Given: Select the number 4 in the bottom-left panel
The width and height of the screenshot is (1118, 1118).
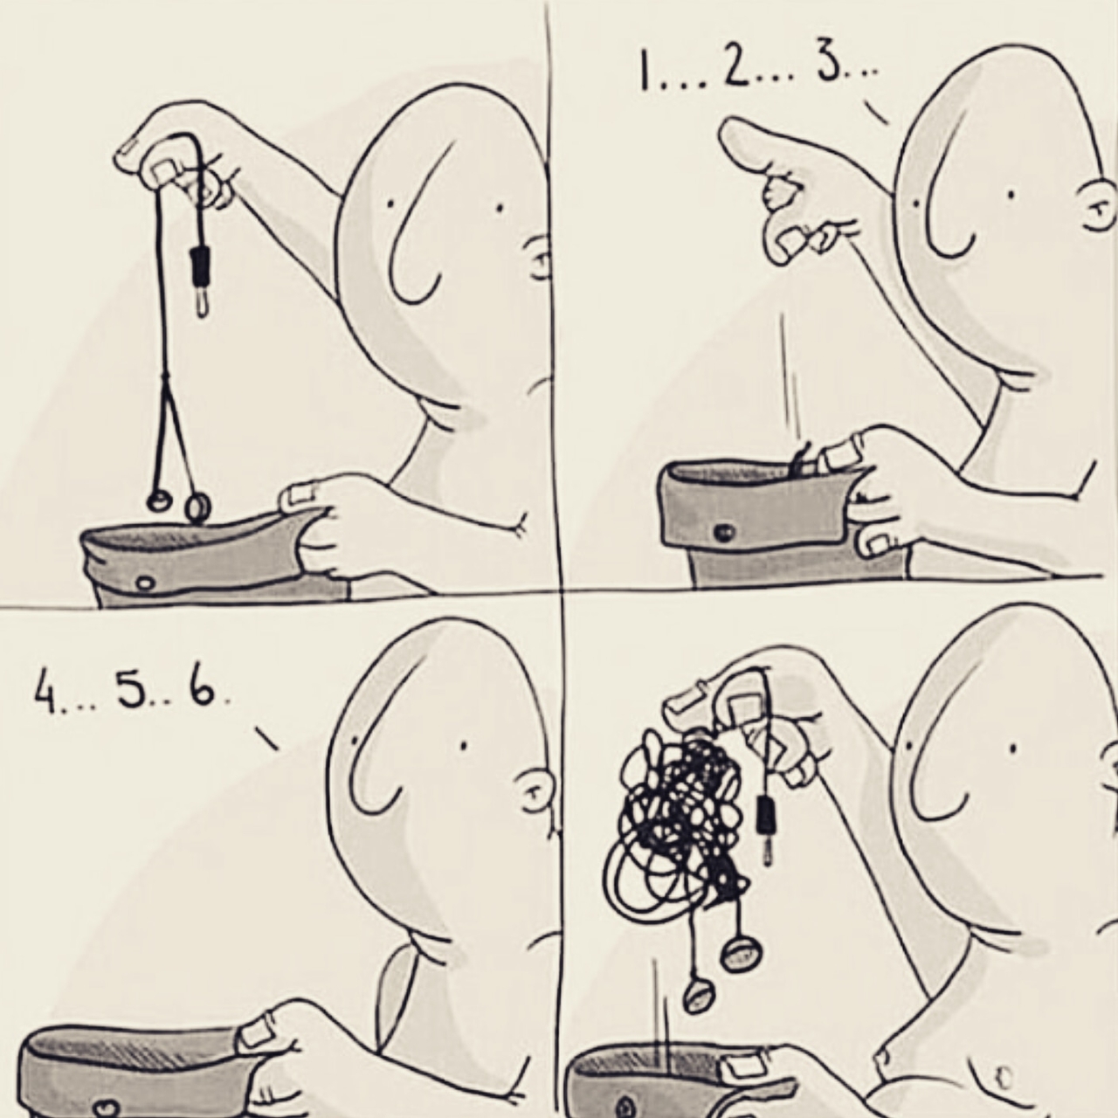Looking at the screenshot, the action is (x=42, y=694).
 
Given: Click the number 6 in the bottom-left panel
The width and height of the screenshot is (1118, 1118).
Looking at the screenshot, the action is (x=201, y=690).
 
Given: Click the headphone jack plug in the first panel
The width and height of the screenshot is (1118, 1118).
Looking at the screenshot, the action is (x=199, y=282).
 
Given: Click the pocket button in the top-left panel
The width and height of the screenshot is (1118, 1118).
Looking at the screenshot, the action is (x=146, y=582).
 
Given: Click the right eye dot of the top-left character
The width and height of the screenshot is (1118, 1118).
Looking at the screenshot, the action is (x=498, y=208).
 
